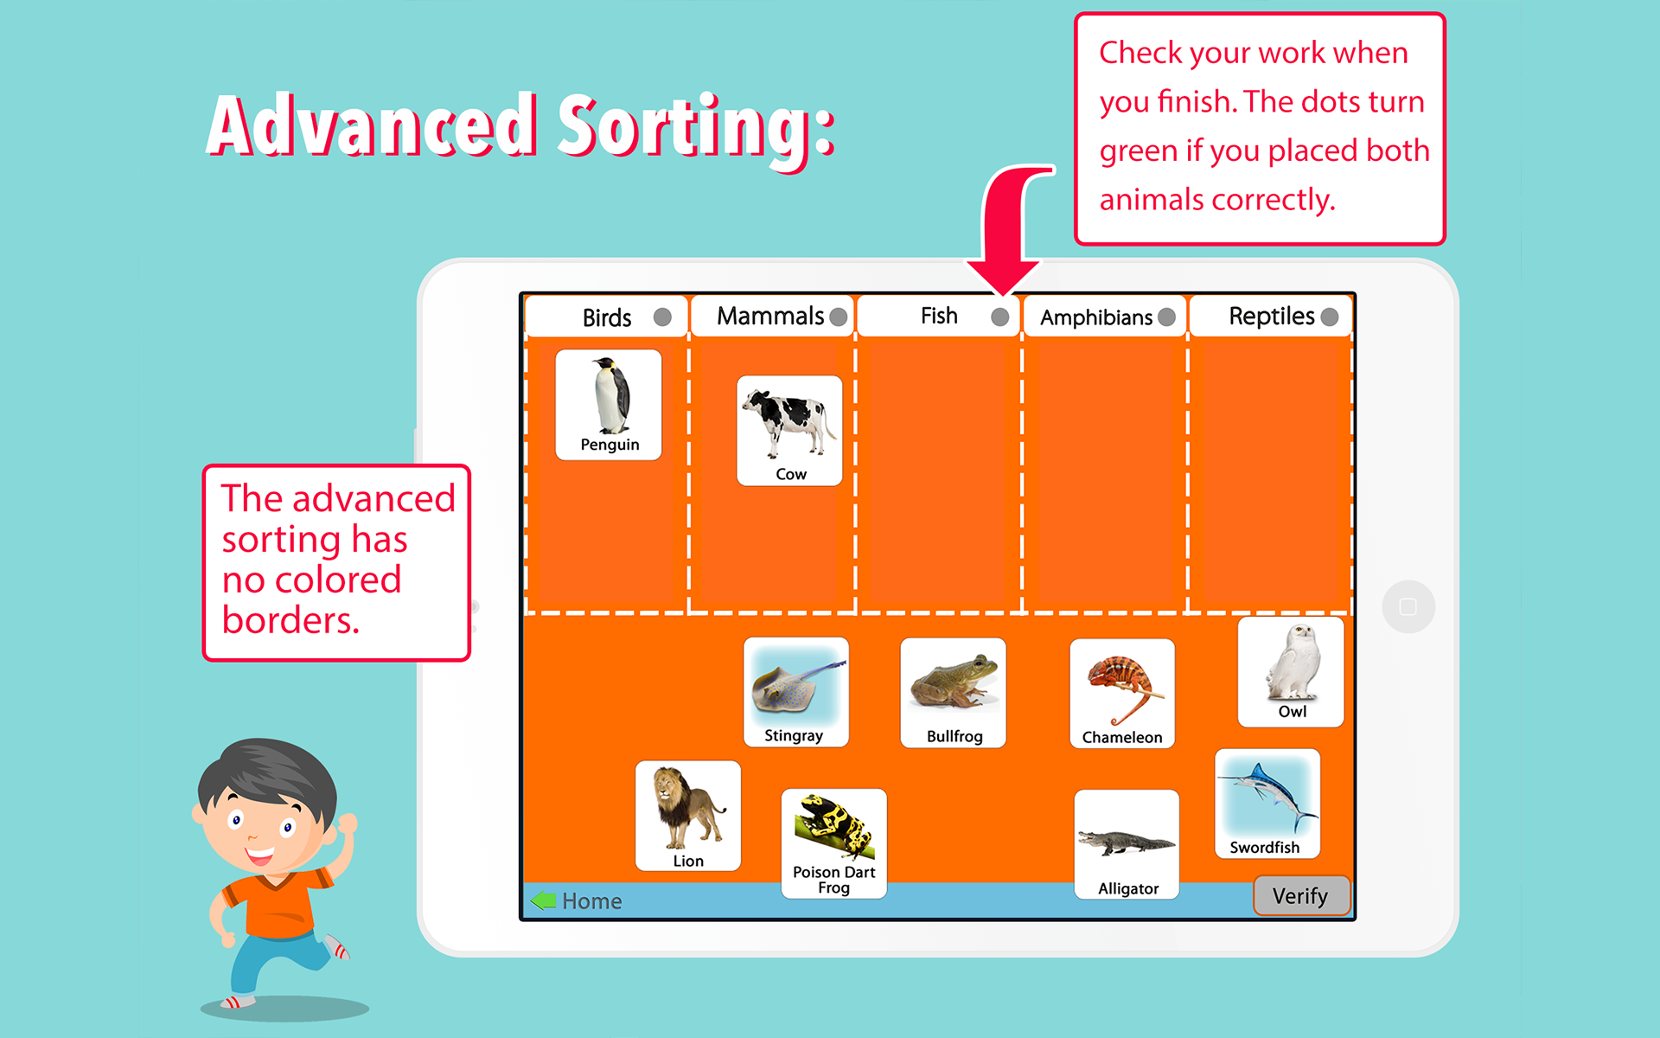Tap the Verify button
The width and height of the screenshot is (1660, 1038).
(1301, 896)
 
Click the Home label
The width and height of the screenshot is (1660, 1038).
(592, 901)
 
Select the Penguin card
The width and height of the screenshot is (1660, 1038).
(609, 405)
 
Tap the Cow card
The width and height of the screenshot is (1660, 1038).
(789, 431)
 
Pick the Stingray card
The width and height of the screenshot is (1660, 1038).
(796, 692)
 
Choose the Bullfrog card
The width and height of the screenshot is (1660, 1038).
(953, 693)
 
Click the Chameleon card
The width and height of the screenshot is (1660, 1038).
(1122, 694)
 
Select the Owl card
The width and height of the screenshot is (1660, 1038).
(1291, 672)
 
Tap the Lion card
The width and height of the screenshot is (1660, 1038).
(688, 816)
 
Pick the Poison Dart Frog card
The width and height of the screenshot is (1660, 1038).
(834, 843)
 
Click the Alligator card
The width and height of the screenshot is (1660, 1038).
(1127, 844)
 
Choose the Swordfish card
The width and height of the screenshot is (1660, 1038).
(1267, 804)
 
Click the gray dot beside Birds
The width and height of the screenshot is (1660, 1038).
(662, 317)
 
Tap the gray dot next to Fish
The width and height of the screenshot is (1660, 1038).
(1000, 317)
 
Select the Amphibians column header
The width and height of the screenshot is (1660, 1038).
(1103, 317)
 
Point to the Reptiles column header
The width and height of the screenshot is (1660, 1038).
(1270, 317)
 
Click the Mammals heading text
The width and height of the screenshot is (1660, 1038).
(770, 317)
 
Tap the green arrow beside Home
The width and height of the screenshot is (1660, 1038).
(544, 900)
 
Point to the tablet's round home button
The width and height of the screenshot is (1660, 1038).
(1408, 606)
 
